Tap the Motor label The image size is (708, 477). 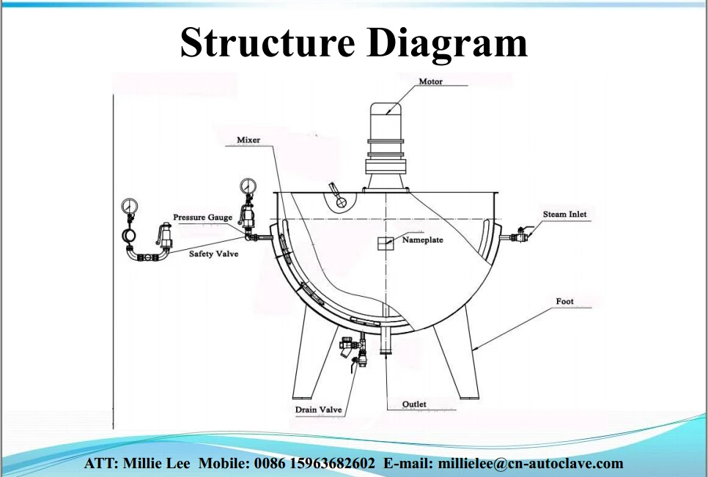tap(430, 81)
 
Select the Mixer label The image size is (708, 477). tap(248, 140)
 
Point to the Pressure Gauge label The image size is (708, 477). tap(202, 218)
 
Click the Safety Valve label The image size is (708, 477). tap(213, 254)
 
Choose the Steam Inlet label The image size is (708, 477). tap(564, 215)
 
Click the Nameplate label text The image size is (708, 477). tap(422, 240)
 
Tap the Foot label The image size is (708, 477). tap(564, 302)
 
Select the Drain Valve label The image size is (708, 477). tap(318, 410)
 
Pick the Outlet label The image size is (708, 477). tap(414, 404)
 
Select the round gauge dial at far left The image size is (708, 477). tap(130, 204)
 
